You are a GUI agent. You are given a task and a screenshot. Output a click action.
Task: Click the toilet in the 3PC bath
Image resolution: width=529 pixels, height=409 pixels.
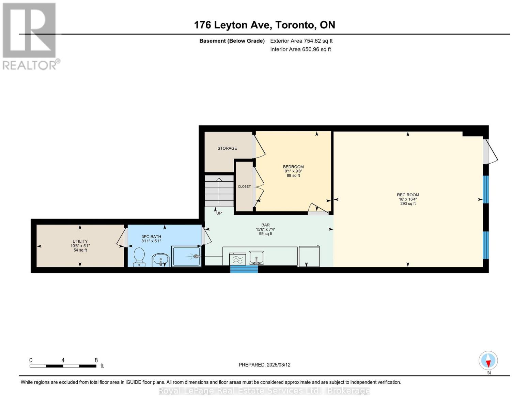click(x=139, y=257)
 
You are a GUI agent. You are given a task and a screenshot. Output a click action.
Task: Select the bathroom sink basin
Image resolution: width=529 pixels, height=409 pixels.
click(x=160, y=260)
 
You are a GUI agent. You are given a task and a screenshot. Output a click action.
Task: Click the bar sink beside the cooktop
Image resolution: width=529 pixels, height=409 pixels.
click(x=256, y=258)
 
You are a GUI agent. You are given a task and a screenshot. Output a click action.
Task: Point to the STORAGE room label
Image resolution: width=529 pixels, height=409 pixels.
click(x=227, y=148)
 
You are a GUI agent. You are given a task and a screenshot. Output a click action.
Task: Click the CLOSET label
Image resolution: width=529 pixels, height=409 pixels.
click(x=244, y=186)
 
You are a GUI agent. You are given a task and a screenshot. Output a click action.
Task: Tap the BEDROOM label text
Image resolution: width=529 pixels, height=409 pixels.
click(x=293, y=167)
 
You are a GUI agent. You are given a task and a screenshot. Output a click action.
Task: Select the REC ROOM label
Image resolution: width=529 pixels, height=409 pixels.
click(x=408, y=195)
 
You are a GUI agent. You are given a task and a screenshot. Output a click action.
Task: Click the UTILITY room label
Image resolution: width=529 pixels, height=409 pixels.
click(x=80, y=241)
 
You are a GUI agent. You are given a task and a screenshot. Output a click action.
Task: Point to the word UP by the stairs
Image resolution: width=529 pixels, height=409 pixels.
click(x=219, y=213)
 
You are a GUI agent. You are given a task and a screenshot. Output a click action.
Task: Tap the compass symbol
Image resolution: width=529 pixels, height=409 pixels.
click(x=488, y=361)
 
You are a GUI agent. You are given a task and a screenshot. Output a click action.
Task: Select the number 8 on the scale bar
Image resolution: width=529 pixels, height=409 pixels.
click(x=96, y=360)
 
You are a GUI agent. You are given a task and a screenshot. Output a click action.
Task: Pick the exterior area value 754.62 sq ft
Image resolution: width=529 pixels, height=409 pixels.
click(x=318, y=41)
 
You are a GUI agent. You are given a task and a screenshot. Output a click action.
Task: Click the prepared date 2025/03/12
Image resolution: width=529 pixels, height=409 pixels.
click(x=279, y=365)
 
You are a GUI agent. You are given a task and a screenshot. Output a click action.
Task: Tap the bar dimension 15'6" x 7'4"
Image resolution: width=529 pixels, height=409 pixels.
click(x=265, y=229)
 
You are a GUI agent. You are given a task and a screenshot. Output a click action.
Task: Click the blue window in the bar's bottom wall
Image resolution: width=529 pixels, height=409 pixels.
click(x=244, y=269)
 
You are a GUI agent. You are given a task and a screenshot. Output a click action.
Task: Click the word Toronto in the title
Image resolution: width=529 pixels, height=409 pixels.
click(x=295, y=25)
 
